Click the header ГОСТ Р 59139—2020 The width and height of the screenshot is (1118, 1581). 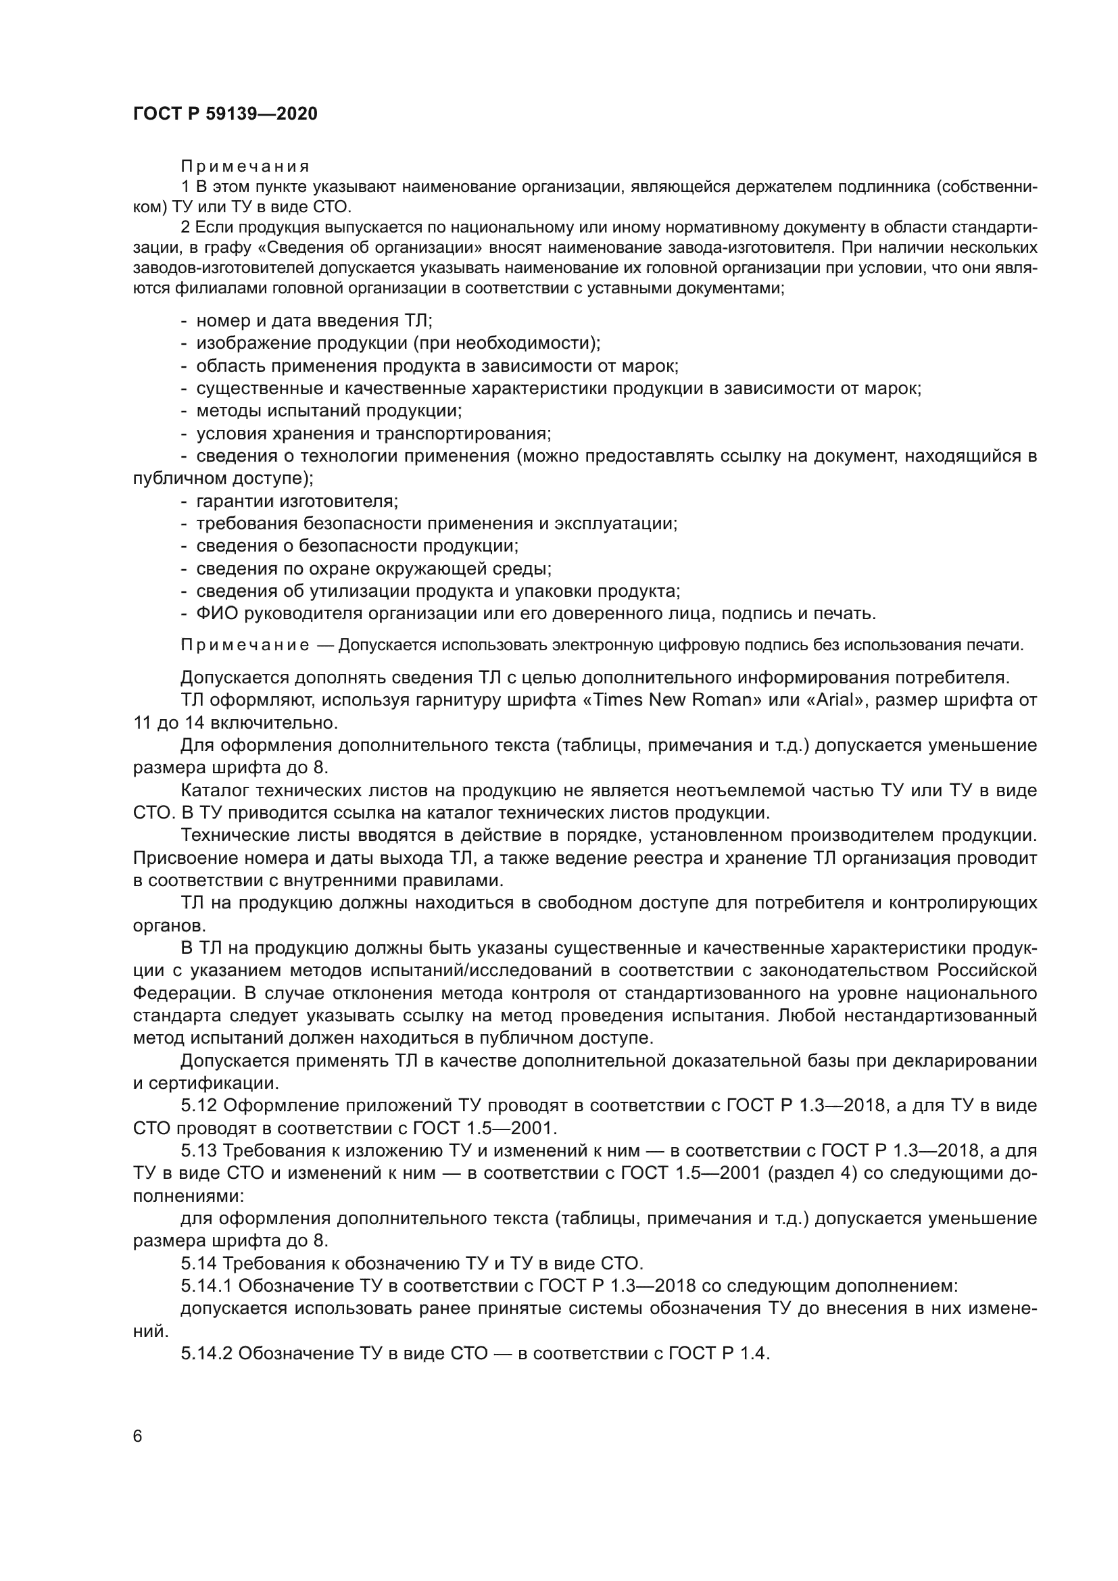coord(225,114)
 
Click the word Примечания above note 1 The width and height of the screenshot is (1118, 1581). coord(245,167)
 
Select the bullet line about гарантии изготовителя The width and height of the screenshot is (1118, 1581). coord(296,501)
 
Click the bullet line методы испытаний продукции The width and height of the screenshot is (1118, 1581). coord(329,411)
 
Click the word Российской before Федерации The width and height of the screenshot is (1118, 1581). coord(986,970)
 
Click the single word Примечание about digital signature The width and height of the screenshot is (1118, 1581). coord(245,646)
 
